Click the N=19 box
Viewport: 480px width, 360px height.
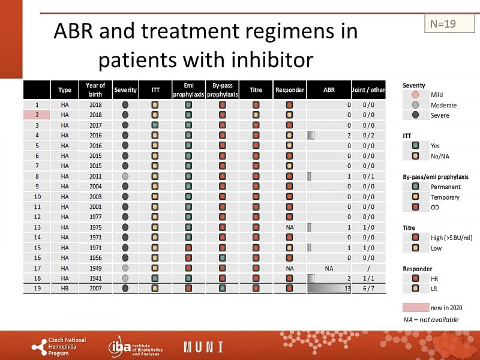[443, 24]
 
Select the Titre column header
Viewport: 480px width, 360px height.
[256, 90]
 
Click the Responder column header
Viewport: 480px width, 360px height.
[290, 90]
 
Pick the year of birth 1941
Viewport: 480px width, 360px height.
[95, 278]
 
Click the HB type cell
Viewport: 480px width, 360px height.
[65, 288]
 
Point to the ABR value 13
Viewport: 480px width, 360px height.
[347, 288]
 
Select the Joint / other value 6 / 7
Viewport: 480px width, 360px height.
[369, 288]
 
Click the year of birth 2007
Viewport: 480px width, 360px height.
[95, 288]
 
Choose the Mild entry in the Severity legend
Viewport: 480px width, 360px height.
[436, 95]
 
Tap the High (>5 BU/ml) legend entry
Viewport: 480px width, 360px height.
[451, 238]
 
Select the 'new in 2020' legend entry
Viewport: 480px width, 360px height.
[446, 308]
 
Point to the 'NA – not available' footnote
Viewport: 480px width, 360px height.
[430, 320]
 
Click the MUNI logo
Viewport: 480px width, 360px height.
[203, 347]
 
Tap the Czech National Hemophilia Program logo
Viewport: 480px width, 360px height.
[59, 346]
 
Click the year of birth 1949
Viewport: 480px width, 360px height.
[95, 268]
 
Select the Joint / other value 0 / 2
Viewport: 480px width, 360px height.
[369, 135]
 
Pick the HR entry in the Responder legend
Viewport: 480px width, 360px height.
[435, 278]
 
